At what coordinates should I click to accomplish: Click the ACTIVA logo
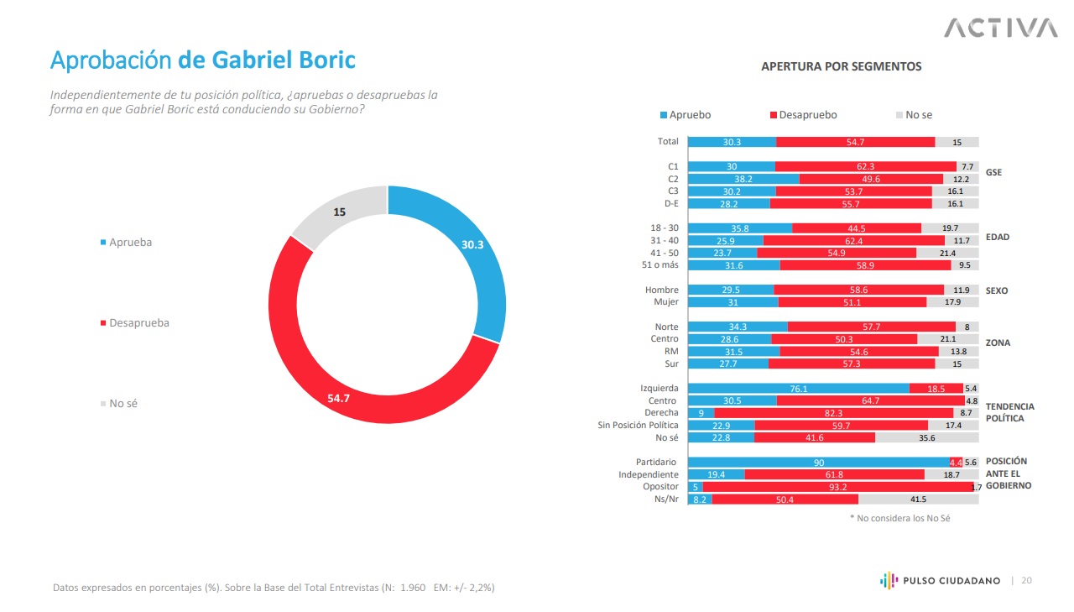click(1000, 28)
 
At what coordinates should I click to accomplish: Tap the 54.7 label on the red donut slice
click(338, 398)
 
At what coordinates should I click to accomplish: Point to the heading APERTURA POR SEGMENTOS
click(841, 66)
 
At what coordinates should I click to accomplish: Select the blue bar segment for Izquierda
click(799, 389)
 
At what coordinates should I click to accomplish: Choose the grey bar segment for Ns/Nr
click(918, 500)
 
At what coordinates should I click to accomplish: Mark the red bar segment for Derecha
click(833, 413)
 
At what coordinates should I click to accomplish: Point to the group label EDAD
click(998, 237)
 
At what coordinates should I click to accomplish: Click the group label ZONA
click(998, 343)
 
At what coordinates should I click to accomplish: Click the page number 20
click(1027, 580)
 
